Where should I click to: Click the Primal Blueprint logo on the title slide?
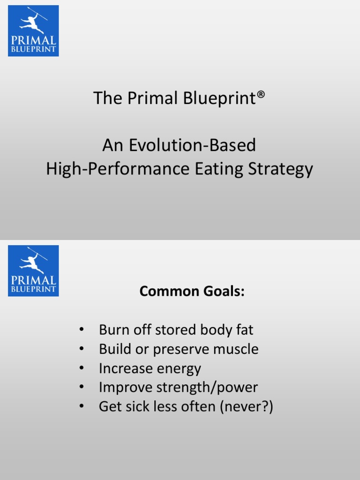coord(33,31)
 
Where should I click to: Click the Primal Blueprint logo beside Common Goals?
coord(33,270)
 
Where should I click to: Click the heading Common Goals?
coord(192,292)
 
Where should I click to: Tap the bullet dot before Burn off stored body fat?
coord(82,330)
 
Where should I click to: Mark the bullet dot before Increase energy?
coord(82,368)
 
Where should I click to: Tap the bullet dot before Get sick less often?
coord(82,407)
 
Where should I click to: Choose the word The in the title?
coord(105,98)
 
